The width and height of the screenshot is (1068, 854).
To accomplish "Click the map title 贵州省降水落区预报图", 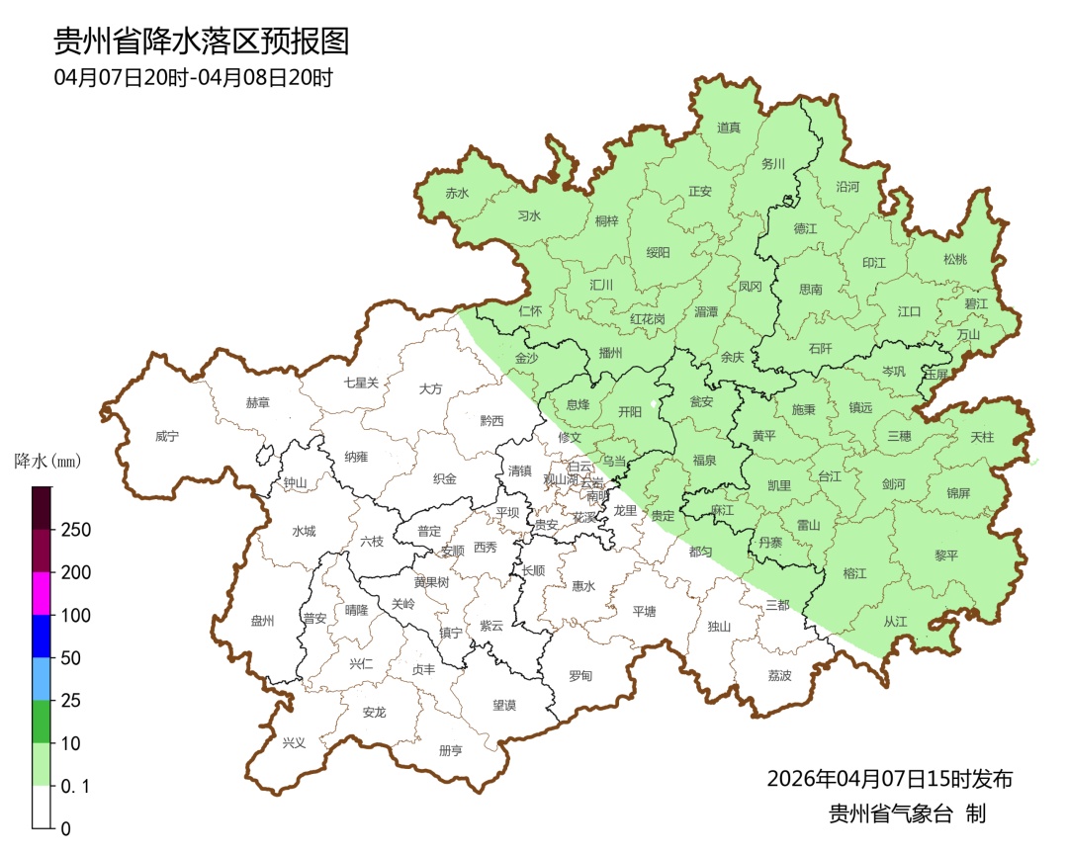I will pos(202,41).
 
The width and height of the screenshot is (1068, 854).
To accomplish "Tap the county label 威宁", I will pos(168,436).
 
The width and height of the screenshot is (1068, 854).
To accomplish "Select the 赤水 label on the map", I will pos(457,194).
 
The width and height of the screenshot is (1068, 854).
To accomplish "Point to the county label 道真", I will pos(729,128).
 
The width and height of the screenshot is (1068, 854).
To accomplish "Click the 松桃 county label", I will pos(954,260).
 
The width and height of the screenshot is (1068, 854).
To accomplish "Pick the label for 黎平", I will pos(946,555).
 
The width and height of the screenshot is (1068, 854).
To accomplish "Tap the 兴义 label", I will pos(295,742).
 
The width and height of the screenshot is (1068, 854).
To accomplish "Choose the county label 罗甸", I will pos(580,676).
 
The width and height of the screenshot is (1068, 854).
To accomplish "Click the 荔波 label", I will pos(779,676).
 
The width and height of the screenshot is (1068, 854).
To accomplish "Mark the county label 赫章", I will pos(257,403).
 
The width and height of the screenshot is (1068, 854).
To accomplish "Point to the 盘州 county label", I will pos(262,621).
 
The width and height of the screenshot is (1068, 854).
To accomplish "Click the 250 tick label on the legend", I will pos(76,530).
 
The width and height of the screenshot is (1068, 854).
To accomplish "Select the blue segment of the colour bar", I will pos(42,636).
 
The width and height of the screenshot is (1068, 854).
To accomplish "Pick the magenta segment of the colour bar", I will pos(42,593).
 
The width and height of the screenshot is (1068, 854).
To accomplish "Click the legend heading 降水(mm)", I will pos(46,462).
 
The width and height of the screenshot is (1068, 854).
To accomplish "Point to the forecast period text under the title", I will pos(193,77).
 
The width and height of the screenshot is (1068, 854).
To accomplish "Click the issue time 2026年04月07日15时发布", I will pos(889,779).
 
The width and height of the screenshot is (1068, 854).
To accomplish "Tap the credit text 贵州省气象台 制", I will pos(907,814).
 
